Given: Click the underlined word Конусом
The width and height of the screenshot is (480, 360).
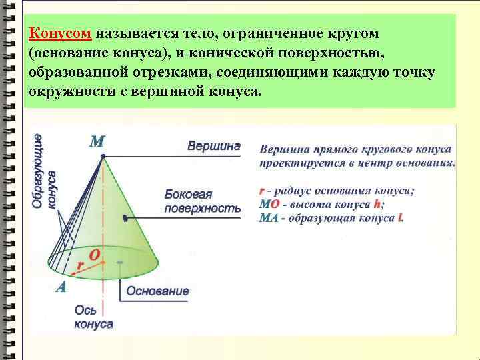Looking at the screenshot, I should point(61,33).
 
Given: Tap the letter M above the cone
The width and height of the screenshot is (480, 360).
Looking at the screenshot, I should point(97,141).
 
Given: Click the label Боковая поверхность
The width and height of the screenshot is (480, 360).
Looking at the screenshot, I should point(203,201).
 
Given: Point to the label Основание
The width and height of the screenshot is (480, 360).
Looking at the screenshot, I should point(157,291).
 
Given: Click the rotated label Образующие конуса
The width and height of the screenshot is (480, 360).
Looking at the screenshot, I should point(45,171).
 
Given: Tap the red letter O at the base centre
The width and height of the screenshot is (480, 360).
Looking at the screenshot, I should point(95,255).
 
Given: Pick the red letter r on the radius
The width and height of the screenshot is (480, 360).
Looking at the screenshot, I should point(80,265).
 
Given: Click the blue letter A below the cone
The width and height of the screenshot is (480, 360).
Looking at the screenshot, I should point(61,287).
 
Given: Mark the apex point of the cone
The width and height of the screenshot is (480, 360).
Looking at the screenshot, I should point(103,156).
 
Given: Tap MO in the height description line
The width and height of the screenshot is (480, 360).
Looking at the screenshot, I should point(269,205).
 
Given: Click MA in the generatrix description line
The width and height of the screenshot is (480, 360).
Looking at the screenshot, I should point(269,218).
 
